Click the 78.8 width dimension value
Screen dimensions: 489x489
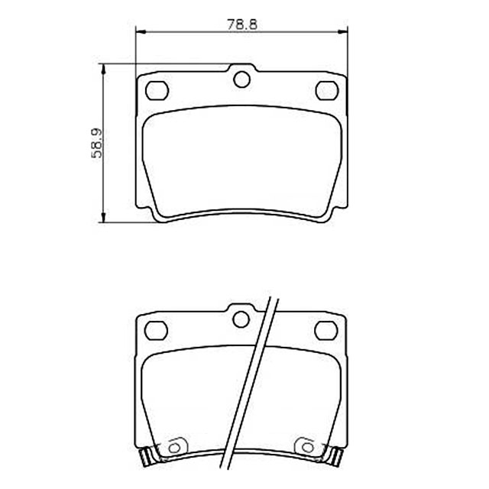tap(242, 24)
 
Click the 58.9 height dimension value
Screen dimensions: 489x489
tap(97, 143)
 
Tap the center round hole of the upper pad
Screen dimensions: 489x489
tap(241, 79)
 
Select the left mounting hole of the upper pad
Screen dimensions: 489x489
tap(157, 90)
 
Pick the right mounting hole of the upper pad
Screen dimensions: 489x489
tap(327, 90)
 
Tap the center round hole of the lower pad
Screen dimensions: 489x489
tap(241, 319)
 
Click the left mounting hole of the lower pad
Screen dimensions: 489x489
tap(156, 330)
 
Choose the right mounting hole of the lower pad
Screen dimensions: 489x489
tap(326, 330)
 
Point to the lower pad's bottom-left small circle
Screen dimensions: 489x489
tap(174, 449)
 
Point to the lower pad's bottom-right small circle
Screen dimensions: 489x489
tap(308, 448)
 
